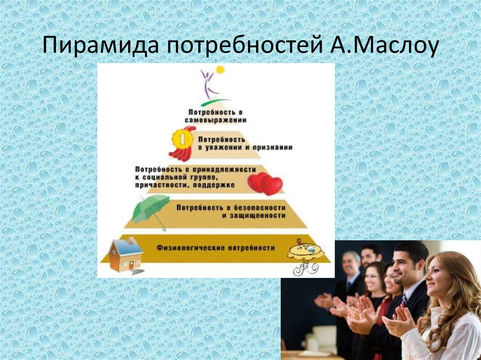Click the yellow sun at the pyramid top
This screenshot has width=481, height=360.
tap(220, 70)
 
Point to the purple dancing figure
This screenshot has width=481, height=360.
tap(208, 84)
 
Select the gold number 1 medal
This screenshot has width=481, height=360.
tap(179, 139)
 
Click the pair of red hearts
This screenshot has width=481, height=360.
tap(265, 184)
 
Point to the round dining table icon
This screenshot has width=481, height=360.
tap(306, 254)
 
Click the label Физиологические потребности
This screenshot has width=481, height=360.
tap(216, 247)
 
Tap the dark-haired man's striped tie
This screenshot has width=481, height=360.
tap(403, 300)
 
